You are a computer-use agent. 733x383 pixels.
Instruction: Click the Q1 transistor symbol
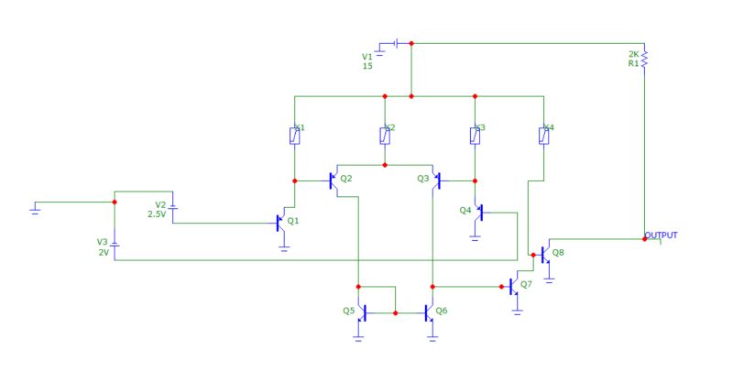(281, 222)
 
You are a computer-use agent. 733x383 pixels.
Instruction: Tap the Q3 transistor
(436, 181)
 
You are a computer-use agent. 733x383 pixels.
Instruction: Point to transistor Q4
(477, 212)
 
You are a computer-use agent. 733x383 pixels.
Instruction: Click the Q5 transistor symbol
(362, 312)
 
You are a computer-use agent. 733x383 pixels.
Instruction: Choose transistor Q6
(429, 312)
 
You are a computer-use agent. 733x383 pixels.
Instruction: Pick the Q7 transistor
(514, 287)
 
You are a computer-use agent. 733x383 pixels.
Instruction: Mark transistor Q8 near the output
(544, 253)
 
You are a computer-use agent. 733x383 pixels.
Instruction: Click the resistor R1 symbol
(644, 59)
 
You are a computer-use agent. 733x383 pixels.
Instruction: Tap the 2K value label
(632, 54)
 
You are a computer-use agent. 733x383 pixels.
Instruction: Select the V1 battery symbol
(394, 43)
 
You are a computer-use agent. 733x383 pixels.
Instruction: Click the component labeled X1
(294, 136)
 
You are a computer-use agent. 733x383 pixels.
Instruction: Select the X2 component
(385, 136)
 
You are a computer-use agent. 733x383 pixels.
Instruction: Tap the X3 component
(475, 136)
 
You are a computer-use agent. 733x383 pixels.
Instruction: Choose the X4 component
(544, 136)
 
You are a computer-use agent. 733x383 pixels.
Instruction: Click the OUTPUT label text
(662, 235)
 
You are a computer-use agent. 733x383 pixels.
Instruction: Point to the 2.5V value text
(157, 214)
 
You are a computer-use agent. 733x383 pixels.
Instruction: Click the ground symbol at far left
(35, 208)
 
